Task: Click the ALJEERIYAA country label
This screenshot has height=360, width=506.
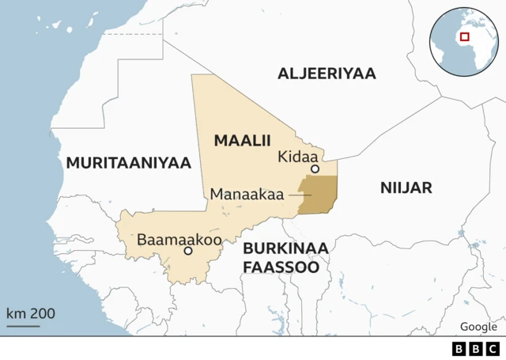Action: point(327,74)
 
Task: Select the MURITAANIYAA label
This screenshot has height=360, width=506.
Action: point(129,163)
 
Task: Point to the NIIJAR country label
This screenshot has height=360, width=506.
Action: point(406,188)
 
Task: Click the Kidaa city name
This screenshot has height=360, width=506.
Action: point(296,157)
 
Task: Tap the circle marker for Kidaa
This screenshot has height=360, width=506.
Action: point(315,169)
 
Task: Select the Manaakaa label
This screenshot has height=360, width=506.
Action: point(247,195)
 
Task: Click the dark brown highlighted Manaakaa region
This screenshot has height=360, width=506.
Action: point(320,195)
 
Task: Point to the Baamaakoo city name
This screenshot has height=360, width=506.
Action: point(179,239)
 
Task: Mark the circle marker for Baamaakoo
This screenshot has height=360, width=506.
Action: point(188,251)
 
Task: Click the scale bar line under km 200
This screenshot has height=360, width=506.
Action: point(23,325)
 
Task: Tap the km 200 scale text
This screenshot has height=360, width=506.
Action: point(31,313)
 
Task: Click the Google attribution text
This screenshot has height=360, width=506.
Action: point(478,327)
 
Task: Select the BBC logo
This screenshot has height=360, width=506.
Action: point(476,348)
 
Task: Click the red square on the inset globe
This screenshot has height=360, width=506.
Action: point(464,36)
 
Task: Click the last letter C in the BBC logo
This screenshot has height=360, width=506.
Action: point(492,348)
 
